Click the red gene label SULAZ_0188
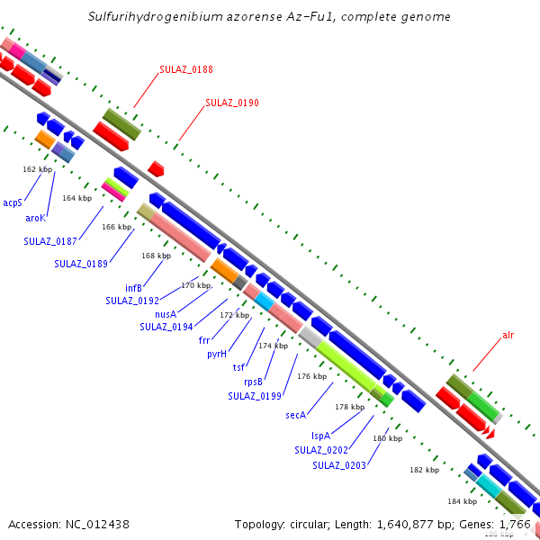[x=186, y=69]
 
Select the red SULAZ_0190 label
[x=232, y=103]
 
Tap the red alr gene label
[x=508, y=336]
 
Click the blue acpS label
[x=13, y=203]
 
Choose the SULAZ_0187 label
[x=50, y=241]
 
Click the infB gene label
[x=133, y=288]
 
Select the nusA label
[x=165, y=314]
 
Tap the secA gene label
[x=296, y=415]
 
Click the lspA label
[x=319, y=436]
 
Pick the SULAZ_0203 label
[x=339, y=465]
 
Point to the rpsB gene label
[x=253, y=382]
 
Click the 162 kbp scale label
[x=38, y=169]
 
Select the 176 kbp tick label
[x=311, y=376]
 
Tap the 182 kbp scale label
[x=424, y=470]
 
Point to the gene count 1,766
[x=513, y=524]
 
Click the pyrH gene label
[x=216, y=354]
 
